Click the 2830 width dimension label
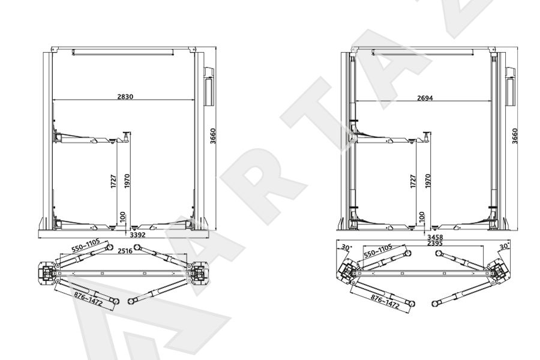[125, 97]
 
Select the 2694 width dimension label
[425, 98]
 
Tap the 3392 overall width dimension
[138, 235]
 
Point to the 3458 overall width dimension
[435, 238]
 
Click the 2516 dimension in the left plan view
[125, 251]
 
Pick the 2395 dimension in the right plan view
[435, 243]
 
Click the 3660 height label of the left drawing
[213, 136]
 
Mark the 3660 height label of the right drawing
[515, 136]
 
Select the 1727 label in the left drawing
[114, 181]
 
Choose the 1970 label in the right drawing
[428, 181]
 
